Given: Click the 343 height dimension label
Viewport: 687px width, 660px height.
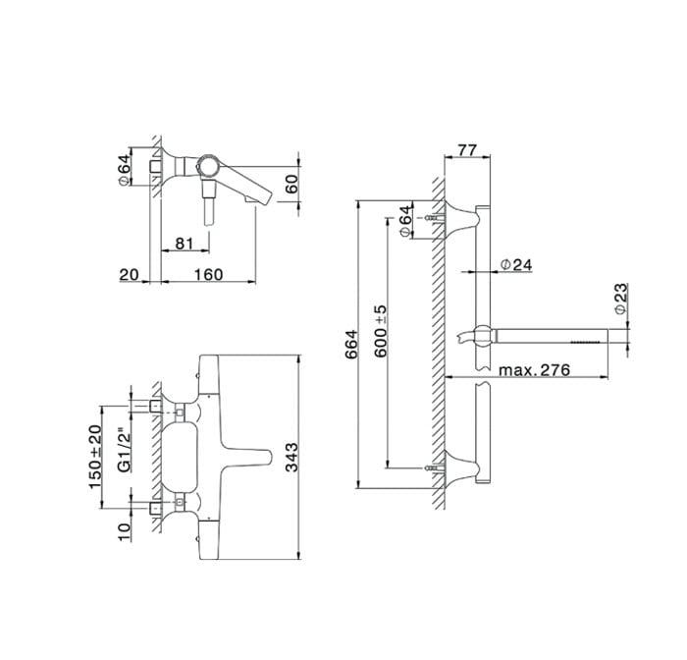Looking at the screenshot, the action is (291, 457).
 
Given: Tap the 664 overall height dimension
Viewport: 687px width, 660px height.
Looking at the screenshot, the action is (351, 345).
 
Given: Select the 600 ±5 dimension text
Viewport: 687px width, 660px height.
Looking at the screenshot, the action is (381, 331).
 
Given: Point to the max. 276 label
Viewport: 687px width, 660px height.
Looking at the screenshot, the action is (535, 369).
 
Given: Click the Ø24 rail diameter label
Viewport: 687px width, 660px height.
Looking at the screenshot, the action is (516, 264).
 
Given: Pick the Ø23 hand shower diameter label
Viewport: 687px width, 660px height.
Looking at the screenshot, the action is (621, 299).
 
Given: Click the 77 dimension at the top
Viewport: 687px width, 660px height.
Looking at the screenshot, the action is (466, 150).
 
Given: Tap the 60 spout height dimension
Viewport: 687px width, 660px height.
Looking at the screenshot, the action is (291, 184).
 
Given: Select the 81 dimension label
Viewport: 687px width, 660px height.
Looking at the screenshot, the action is (185, 243).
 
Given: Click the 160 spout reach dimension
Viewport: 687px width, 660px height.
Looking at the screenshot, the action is (208, 275).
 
